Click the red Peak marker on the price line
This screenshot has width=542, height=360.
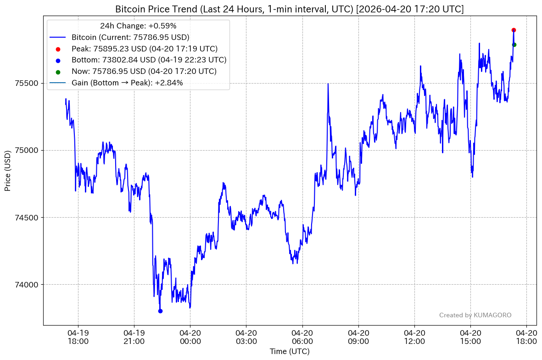(x=514, y=30)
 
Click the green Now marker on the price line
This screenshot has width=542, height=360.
(x=514, y=45)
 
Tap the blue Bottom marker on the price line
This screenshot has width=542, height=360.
(x=160, y=311)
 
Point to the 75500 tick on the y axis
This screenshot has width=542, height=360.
(x=29, y=83)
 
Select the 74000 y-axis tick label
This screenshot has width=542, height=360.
(x=29, y=285)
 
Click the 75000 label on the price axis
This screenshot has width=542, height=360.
(x=29, y=150)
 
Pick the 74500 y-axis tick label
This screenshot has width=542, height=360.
(x=29, y=218)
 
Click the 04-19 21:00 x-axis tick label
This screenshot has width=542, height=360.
(x=134, y=337)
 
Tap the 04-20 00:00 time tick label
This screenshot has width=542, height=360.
(x=190, y=337)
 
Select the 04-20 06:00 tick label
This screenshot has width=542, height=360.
(x=302, y=337)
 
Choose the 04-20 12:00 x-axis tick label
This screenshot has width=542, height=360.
(x=414, y=337)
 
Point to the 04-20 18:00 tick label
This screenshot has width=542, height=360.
(x=526, y=337)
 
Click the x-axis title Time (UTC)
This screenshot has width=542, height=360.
(x=289, y=352)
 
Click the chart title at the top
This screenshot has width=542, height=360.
(x=289, y=9)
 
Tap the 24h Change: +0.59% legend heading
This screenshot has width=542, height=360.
(x=138, y=26)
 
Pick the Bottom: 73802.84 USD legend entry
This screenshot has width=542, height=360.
(x=149, y=60)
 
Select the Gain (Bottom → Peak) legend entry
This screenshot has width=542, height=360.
(x=127, y=83)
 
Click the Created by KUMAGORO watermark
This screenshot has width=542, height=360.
(x=475, y=315)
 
